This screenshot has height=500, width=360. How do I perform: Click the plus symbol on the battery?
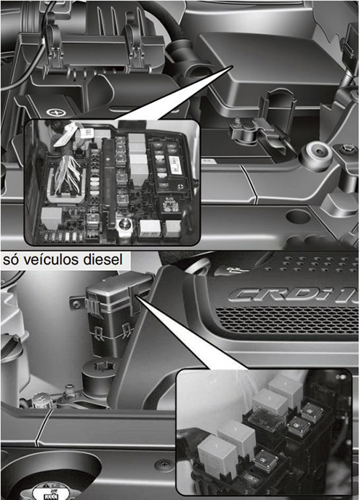(x=52, y=113)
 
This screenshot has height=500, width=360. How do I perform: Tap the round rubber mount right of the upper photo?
(x=315, y=153)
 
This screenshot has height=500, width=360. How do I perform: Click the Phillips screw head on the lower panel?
(x=167, y=465)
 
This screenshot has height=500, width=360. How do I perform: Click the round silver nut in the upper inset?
(x=120, y=226)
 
